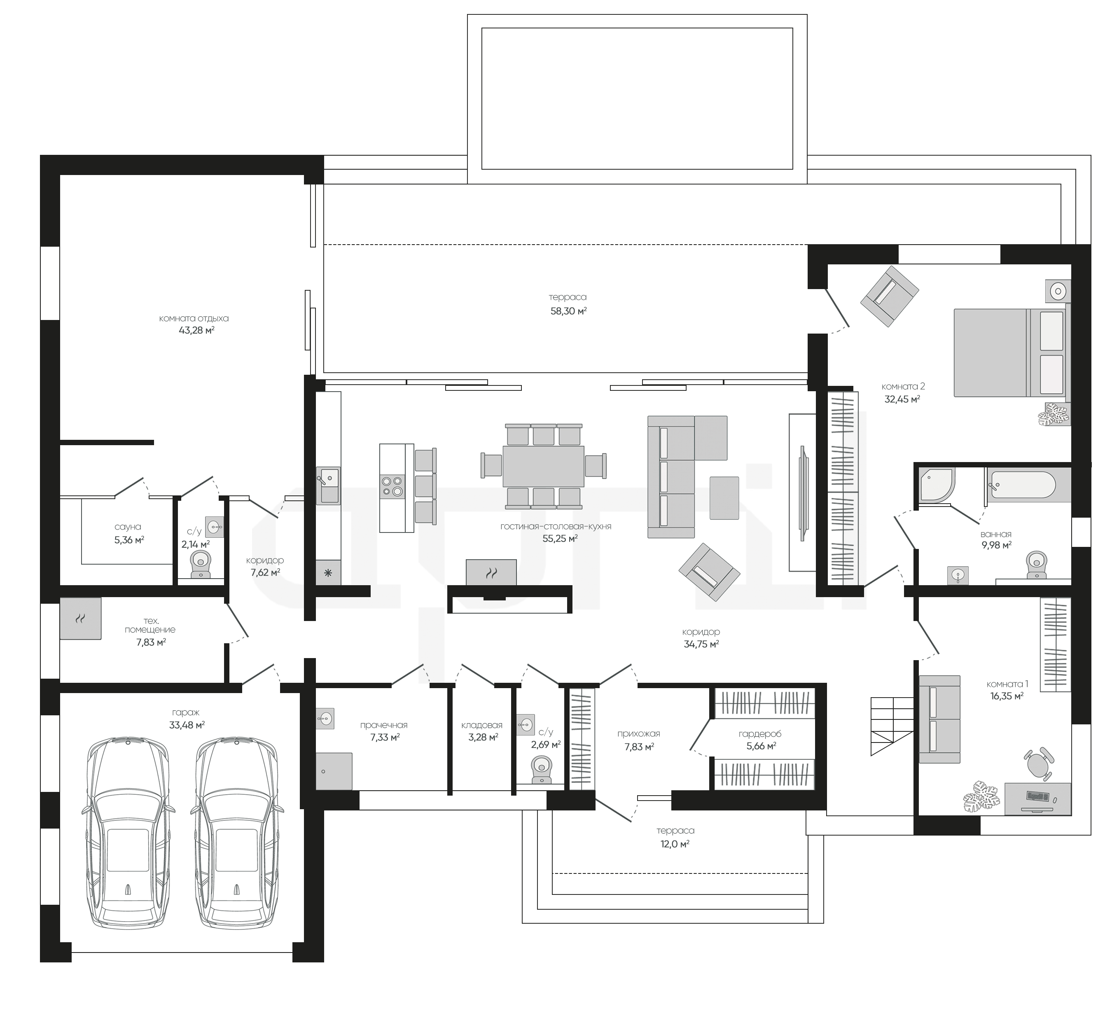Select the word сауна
coord(128,527)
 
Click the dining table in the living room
coord(543,467)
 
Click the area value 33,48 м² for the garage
coord(187,725)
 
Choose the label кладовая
coord(482,725)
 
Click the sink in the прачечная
coord(325,718)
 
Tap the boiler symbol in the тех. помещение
coord(81,619)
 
